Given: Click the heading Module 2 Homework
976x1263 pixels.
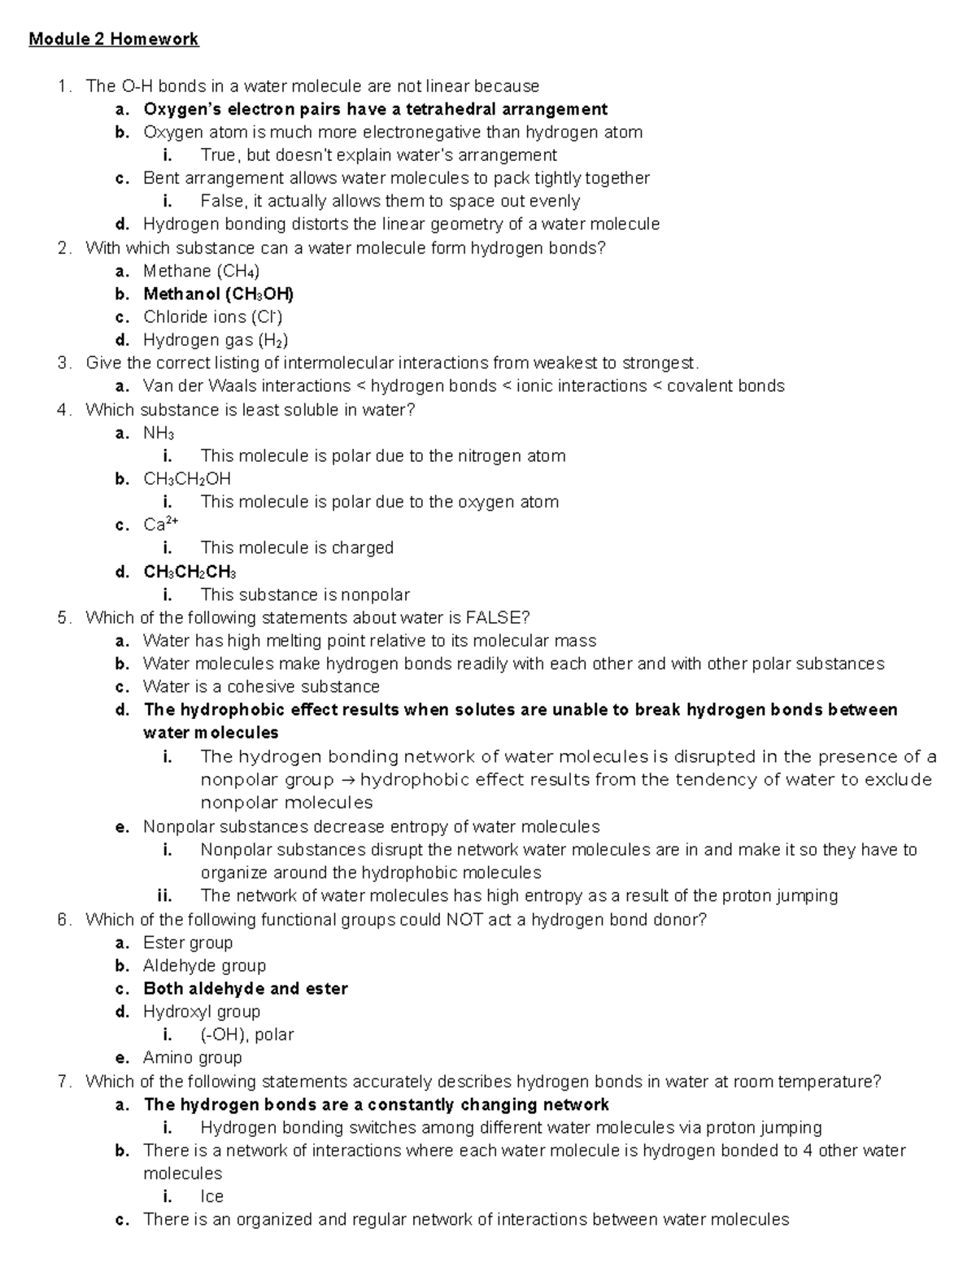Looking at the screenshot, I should coord(113,39).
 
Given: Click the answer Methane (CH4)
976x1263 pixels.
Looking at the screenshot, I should coord(201,271).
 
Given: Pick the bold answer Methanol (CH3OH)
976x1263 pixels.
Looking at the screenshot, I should coord(218,294).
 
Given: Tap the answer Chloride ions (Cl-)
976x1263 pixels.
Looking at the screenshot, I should coord(212,316).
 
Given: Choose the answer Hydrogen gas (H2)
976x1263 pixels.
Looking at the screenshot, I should coord(216,340).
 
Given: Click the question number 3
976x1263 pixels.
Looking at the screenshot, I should coord(63,363).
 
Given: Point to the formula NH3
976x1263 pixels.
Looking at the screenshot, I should coord(159,433).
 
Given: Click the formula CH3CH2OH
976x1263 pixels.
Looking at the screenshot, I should coord(187,479).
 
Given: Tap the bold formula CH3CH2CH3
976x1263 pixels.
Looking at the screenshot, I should coord(190,572).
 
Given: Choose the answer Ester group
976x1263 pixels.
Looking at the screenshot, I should coord(188,943).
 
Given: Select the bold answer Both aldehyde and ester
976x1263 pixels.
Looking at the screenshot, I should coord(245,989).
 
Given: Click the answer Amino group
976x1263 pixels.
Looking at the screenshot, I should coord(192,1057).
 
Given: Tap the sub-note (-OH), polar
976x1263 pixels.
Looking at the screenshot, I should coord(246,1034).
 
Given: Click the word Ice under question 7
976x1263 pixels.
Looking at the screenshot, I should coord(211,1196).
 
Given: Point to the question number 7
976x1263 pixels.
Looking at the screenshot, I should coord(63,1082).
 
